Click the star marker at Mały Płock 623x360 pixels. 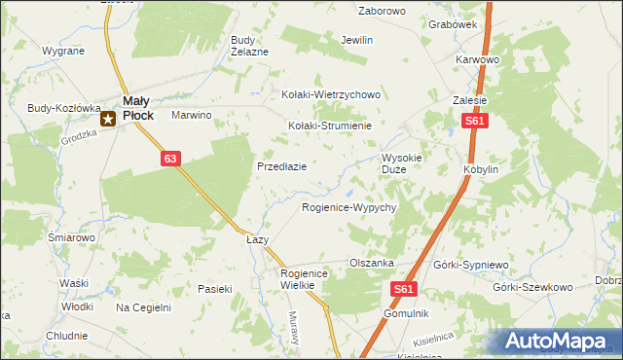pos(109,120)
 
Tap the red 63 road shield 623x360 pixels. pos(170,158)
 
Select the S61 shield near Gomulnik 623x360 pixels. pos(407,289)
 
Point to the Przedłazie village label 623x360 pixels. pos(282,166)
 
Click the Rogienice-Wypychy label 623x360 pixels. pos(348,208)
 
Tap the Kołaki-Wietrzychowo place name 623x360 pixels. pos(330,94)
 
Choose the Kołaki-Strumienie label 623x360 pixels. pos(331,126)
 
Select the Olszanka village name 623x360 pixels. pos(371,263)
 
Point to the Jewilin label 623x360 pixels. pos(357,41)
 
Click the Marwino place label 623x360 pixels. pos(192,115)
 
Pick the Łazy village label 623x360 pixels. pos(257,238)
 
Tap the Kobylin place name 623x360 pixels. pos(481,169)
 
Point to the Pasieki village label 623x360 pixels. pos(215,288)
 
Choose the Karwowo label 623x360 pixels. pos(477,59)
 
